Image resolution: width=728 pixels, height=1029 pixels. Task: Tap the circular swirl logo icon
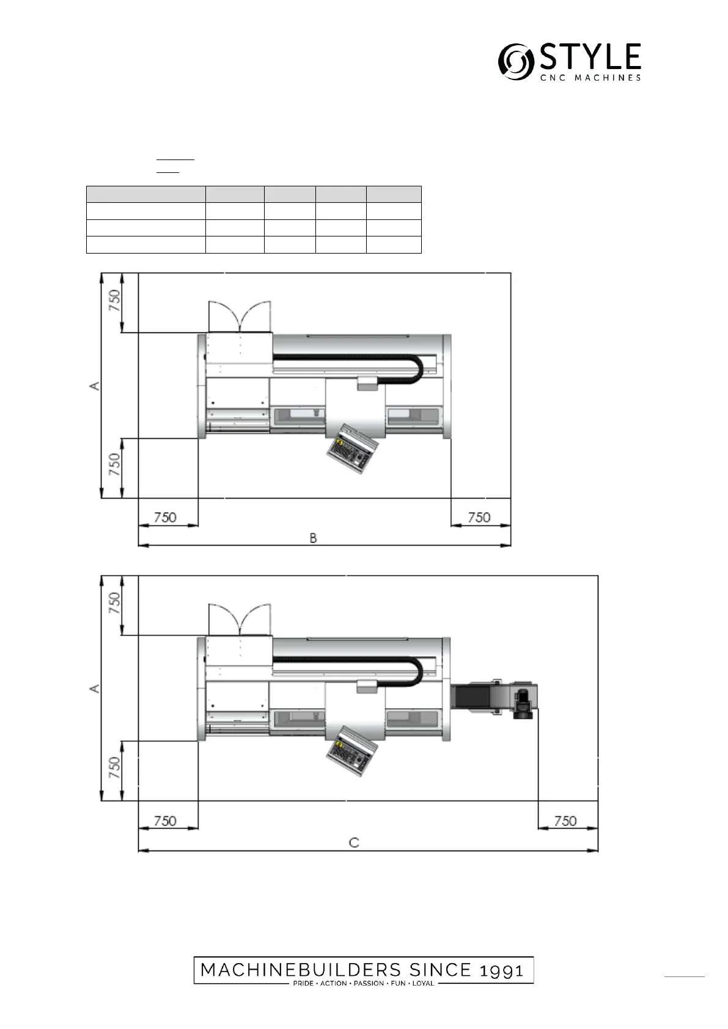point(516,62)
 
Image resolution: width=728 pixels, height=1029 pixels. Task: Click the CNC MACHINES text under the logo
point(590,78)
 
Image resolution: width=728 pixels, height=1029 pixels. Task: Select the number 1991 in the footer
point(501,970)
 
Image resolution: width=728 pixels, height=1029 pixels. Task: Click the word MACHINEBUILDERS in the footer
point(301,970)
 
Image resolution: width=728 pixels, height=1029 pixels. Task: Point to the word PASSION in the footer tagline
point(369,983)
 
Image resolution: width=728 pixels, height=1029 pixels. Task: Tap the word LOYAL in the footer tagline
point(423,983)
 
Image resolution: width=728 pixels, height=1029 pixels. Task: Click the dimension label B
point(313,538)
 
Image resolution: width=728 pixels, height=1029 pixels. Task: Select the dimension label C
point(354,843)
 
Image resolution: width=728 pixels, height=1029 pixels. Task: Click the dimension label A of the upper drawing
point(94,386)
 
